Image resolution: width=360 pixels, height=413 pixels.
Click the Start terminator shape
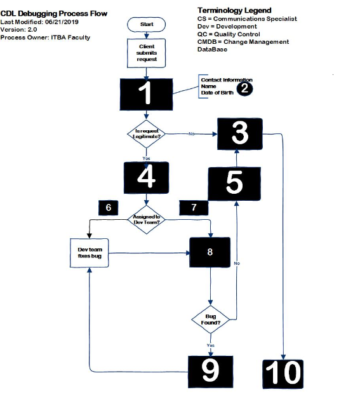click(x=147, y=24)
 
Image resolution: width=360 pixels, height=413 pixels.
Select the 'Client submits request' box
click(x=147, y=53)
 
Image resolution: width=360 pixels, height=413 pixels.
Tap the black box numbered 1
click(x=147, y=94)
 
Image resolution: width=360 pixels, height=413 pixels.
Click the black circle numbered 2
click(x=245, y=89)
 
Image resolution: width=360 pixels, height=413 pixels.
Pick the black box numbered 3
click(x=239, y=134)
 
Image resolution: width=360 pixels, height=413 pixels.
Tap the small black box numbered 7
click(x=194, y=208)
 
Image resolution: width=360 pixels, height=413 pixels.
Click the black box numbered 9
click(x=210, y=372)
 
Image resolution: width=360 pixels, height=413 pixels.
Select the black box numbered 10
click(x=283, y=373)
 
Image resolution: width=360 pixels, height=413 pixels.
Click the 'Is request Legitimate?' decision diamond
click(x=147, y=134)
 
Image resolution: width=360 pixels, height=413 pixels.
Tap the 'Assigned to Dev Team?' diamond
click(x=147, y=219)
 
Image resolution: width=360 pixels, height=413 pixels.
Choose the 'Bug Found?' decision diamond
click(x=211, y=319)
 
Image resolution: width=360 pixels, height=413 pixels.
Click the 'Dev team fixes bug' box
click(x=90, y=252)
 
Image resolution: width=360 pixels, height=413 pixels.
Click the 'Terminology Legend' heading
click(x=234, y=10)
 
